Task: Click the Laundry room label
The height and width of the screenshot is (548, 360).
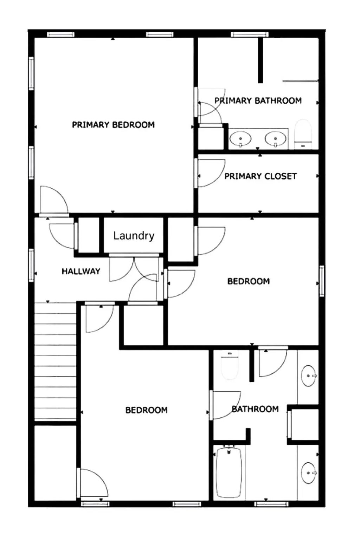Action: [134, 235]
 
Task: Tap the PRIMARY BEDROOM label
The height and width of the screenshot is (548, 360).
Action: [113, 125]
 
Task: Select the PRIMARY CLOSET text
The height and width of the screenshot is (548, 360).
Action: [261, 176]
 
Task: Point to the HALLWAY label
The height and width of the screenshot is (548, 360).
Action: [81, 271]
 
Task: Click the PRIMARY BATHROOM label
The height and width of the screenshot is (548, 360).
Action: [258, 101]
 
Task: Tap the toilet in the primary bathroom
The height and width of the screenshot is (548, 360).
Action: [303, 133]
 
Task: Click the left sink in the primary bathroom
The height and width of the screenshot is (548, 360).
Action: [240, 138]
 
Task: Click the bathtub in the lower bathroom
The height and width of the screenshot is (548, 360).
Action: [229, 472]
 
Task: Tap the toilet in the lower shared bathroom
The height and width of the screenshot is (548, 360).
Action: [230, 367]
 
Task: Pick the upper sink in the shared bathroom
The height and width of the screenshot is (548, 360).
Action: [309, 376]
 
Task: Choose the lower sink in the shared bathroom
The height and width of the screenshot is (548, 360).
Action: [309, 473]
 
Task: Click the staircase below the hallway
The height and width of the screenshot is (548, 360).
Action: [56, 360]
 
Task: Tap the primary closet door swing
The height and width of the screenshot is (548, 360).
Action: [210, 173]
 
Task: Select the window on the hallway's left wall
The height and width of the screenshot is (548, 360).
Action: [32, 265]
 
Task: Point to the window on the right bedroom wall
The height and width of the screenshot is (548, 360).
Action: [321, 281]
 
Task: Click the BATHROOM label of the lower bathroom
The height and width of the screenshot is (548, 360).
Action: [255, 409]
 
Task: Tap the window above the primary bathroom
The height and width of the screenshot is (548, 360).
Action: [250, 34]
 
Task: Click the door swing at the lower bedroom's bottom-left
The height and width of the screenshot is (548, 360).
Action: [92, 483]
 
